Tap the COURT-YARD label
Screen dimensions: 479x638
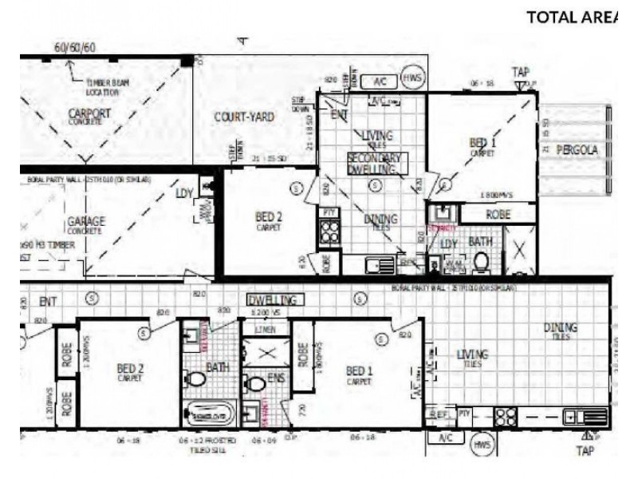coord(244,117)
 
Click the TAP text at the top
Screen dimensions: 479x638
coord(520,71)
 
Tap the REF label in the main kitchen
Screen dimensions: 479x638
coord(437,414)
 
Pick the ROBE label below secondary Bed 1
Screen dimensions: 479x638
coord(498,215)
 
